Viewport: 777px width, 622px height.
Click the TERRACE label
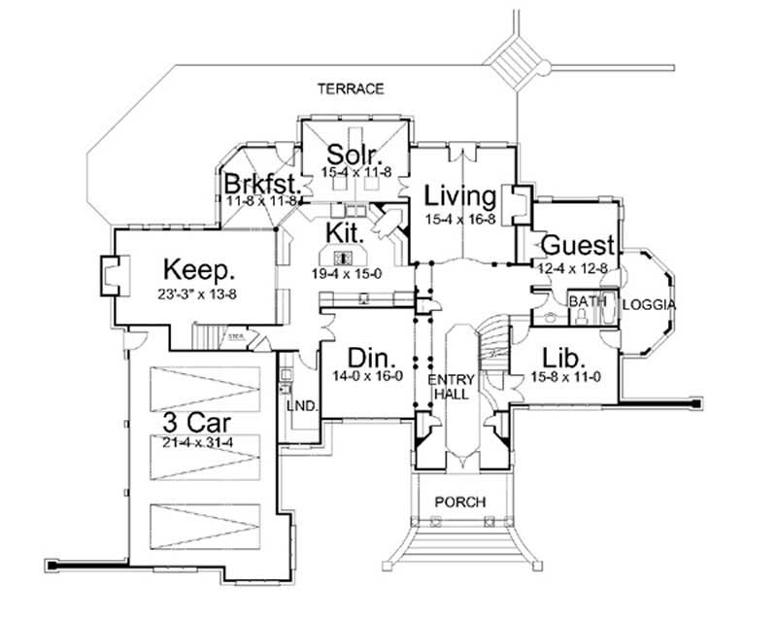[352, 89]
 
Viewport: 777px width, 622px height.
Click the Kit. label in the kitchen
[346, 234]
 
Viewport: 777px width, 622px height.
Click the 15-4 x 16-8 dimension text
[461, 220]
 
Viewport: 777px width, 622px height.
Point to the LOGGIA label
[649, 304]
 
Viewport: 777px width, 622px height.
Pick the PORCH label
[459, 501]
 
